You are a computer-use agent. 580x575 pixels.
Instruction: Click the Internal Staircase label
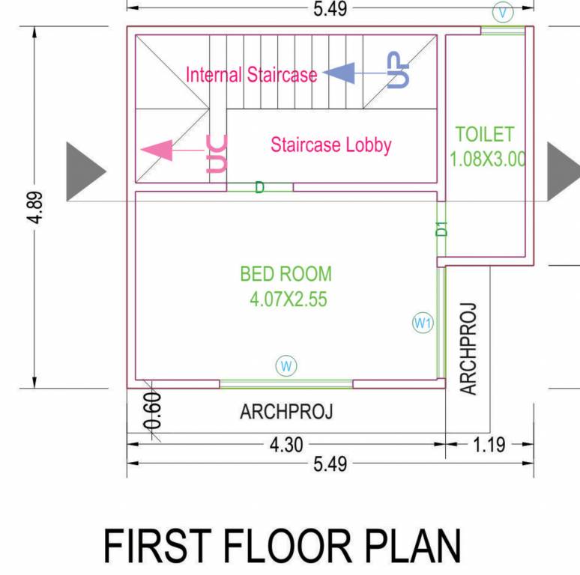coord(251,75)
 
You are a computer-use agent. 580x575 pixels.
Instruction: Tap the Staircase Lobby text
coord(330,144)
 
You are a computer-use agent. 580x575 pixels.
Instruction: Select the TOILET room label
coord(485,135)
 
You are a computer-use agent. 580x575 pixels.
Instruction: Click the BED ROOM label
coord(286,274)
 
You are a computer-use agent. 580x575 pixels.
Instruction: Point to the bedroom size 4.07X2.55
coord(289,300)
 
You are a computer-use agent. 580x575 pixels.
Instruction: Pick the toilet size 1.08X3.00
coord(487,159)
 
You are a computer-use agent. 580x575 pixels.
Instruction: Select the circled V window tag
coord(503,11)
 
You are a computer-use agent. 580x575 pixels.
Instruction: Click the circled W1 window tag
coord(423,323)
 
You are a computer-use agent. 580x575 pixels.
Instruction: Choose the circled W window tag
coord(286,365)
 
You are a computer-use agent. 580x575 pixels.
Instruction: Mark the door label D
coord(259,187)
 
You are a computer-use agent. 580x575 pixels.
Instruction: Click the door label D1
coord(442,228)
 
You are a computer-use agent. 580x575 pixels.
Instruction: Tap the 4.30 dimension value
coord(286,445)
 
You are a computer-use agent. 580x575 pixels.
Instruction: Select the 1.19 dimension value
coord(489,445)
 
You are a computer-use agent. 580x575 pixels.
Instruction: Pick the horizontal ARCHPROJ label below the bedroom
coord(286,412)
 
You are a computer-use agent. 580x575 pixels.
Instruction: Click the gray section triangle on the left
coord(85,171)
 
